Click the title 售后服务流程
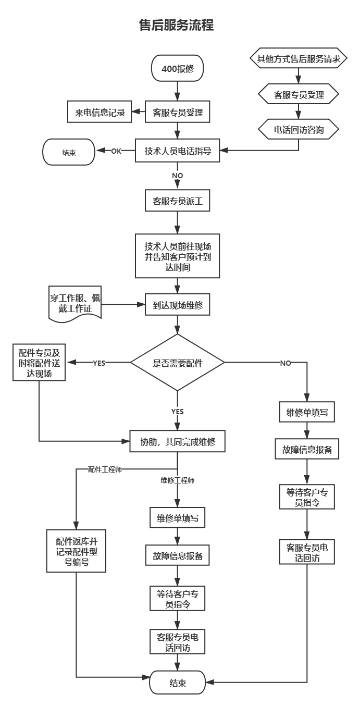coord(177,25)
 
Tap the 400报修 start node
coord(178,68)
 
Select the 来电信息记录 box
coord(100,111)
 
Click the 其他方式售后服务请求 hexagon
coord(299,58)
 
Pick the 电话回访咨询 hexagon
coord(299,129)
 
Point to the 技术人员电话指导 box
coord(177,151)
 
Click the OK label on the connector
coord(116,151)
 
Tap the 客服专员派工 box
coord(177,201)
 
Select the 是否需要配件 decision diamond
coord(177,363)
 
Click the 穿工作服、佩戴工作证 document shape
coord(75,304)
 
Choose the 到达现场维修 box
coord(177,305)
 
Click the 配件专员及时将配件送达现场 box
coord(39,362)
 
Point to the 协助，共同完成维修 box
coord(177,441)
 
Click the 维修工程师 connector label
coord(178,480)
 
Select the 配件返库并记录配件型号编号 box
coord(77,551)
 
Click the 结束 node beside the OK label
coord(69,152)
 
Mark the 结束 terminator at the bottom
coord(178,683)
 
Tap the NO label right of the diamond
coord(285,363)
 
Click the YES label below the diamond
coord(177,412)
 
